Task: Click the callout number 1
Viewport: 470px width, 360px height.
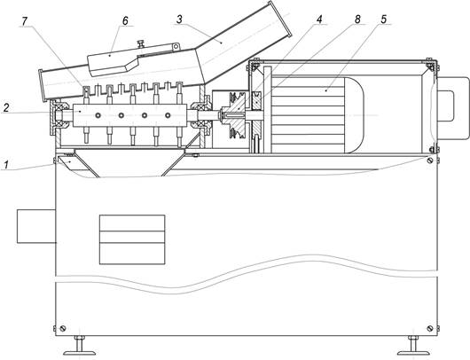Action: coord(5,165)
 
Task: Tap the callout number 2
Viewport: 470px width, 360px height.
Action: coord(5,108)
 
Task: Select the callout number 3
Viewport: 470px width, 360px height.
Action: coord(179,20)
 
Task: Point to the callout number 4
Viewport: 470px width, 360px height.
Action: coord(319,20)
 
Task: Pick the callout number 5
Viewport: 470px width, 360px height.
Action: coord(384,20)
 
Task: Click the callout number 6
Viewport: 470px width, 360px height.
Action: coord(125,20)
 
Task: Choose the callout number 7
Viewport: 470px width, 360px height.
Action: coord(25,20)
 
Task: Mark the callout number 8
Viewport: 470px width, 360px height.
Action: coord(357,20)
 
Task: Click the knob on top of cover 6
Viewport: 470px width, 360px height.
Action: coord(141,43)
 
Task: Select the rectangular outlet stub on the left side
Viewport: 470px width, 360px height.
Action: coord(36,226)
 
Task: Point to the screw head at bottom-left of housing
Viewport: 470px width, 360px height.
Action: coord(63,328)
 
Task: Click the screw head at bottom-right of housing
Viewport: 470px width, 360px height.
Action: coord(430,328)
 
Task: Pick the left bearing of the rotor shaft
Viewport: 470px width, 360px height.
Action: coord(59,114)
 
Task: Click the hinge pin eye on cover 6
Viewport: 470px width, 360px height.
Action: coord(176,46)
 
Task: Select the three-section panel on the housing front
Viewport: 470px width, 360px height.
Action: coord(132,239)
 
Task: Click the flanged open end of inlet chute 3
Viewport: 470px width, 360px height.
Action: coord(279,20)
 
